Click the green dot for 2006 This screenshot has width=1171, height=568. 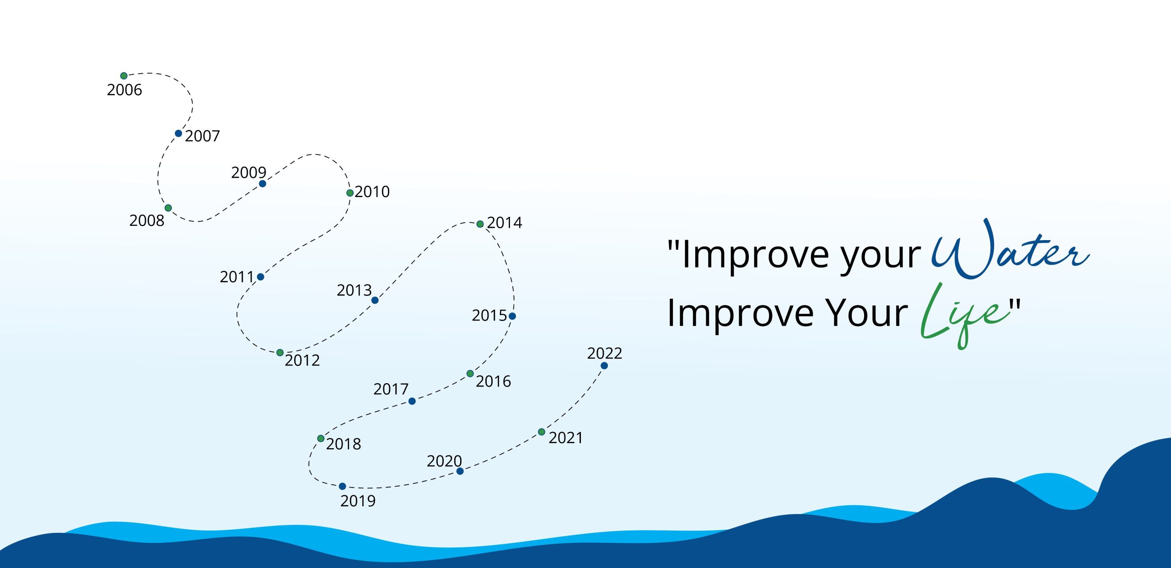pos(124,76)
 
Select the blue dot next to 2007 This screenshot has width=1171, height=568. pos(178,134)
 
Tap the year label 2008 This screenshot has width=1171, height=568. pos(147,220)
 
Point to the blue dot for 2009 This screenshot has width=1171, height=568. pos(263,184)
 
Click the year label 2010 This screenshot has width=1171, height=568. pos(372,192)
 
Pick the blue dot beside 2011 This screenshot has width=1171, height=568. pos(260,277)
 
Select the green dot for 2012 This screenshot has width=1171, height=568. pos(280,353)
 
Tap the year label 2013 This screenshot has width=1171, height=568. pos(355,290)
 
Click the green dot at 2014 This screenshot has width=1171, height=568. pos(480,224)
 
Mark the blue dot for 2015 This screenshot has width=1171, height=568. pos(512,316)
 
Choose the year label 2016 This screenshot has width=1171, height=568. pos(494,381)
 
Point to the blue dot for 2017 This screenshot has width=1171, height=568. pos(412,401)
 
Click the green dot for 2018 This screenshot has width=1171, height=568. pos(321,439)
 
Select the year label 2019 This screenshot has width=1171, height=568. pos(358,501)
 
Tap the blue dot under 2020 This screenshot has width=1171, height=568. pos(460,471)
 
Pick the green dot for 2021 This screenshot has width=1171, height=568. pos(542,432)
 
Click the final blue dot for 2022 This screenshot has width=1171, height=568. pos(604,366)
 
